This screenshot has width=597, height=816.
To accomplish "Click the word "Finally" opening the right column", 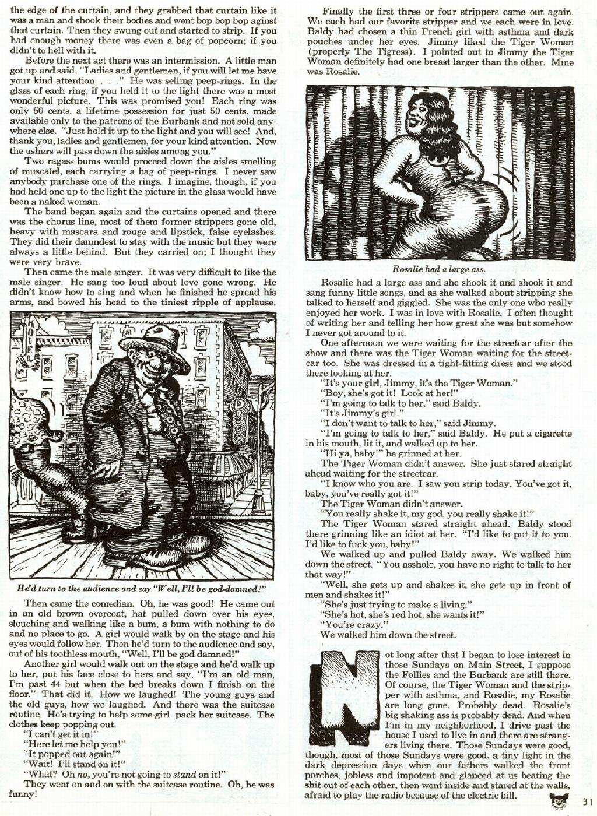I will pos(338,11).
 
